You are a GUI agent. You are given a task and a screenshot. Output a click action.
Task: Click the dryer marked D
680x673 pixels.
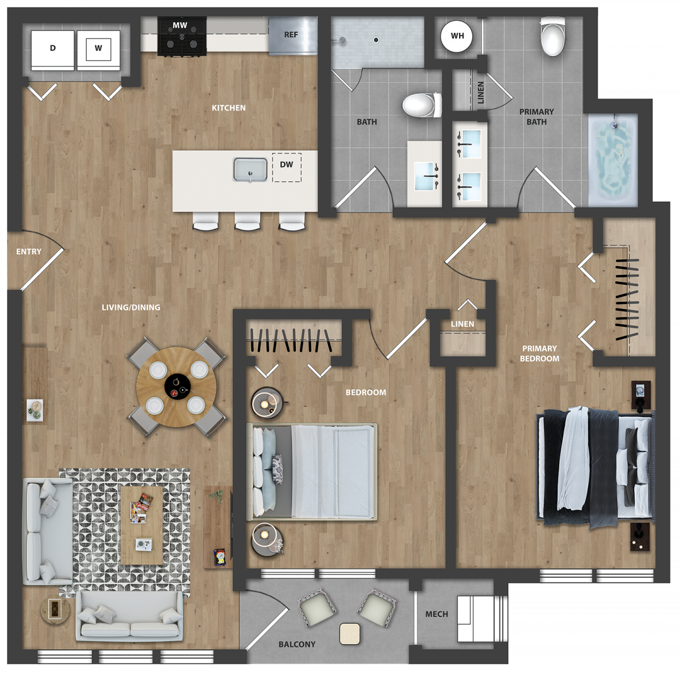click(x=53, y=50)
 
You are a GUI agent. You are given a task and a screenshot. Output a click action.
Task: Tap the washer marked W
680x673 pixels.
click(x=99, y=50)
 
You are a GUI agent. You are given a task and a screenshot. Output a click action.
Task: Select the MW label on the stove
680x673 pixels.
click(x=180, y=25)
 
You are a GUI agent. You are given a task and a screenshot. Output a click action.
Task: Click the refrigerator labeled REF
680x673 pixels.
click(x=292, y=36)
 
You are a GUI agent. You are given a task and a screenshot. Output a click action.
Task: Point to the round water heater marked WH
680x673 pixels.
click(x=457, y=36)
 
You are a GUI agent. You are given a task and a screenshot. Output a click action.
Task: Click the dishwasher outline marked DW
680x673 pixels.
click(x=287, y=167)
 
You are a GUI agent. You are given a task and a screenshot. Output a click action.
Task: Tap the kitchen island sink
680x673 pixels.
click(x=250, y=169)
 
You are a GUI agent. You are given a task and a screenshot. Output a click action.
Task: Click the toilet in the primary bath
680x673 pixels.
click(x=552, y=36)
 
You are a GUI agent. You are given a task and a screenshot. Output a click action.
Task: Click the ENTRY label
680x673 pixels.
click(x=29, y=252)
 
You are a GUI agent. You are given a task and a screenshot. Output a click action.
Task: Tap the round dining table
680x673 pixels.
click(x=176, y=387)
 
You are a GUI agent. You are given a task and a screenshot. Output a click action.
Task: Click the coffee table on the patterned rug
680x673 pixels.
click(x=142, y=525)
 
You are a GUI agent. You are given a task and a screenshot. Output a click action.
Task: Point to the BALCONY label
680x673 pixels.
click(x=297, y=645)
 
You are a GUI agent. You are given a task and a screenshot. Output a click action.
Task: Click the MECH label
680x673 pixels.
click(x=436, y=614)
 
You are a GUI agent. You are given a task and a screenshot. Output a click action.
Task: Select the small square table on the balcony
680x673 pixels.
click(x=350, y=634)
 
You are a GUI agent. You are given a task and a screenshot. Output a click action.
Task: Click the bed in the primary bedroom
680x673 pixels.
click(x=595, y=468)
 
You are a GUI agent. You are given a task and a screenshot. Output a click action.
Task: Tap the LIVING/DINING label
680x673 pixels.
click(x=131, y=308)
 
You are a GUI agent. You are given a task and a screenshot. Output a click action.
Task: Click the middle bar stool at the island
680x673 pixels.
click(x=248, y=221)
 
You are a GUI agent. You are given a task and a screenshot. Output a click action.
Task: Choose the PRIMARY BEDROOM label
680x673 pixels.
click(x=539, y=353)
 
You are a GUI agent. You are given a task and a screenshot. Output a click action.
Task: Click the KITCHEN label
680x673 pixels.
click(x=229, y=108)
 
